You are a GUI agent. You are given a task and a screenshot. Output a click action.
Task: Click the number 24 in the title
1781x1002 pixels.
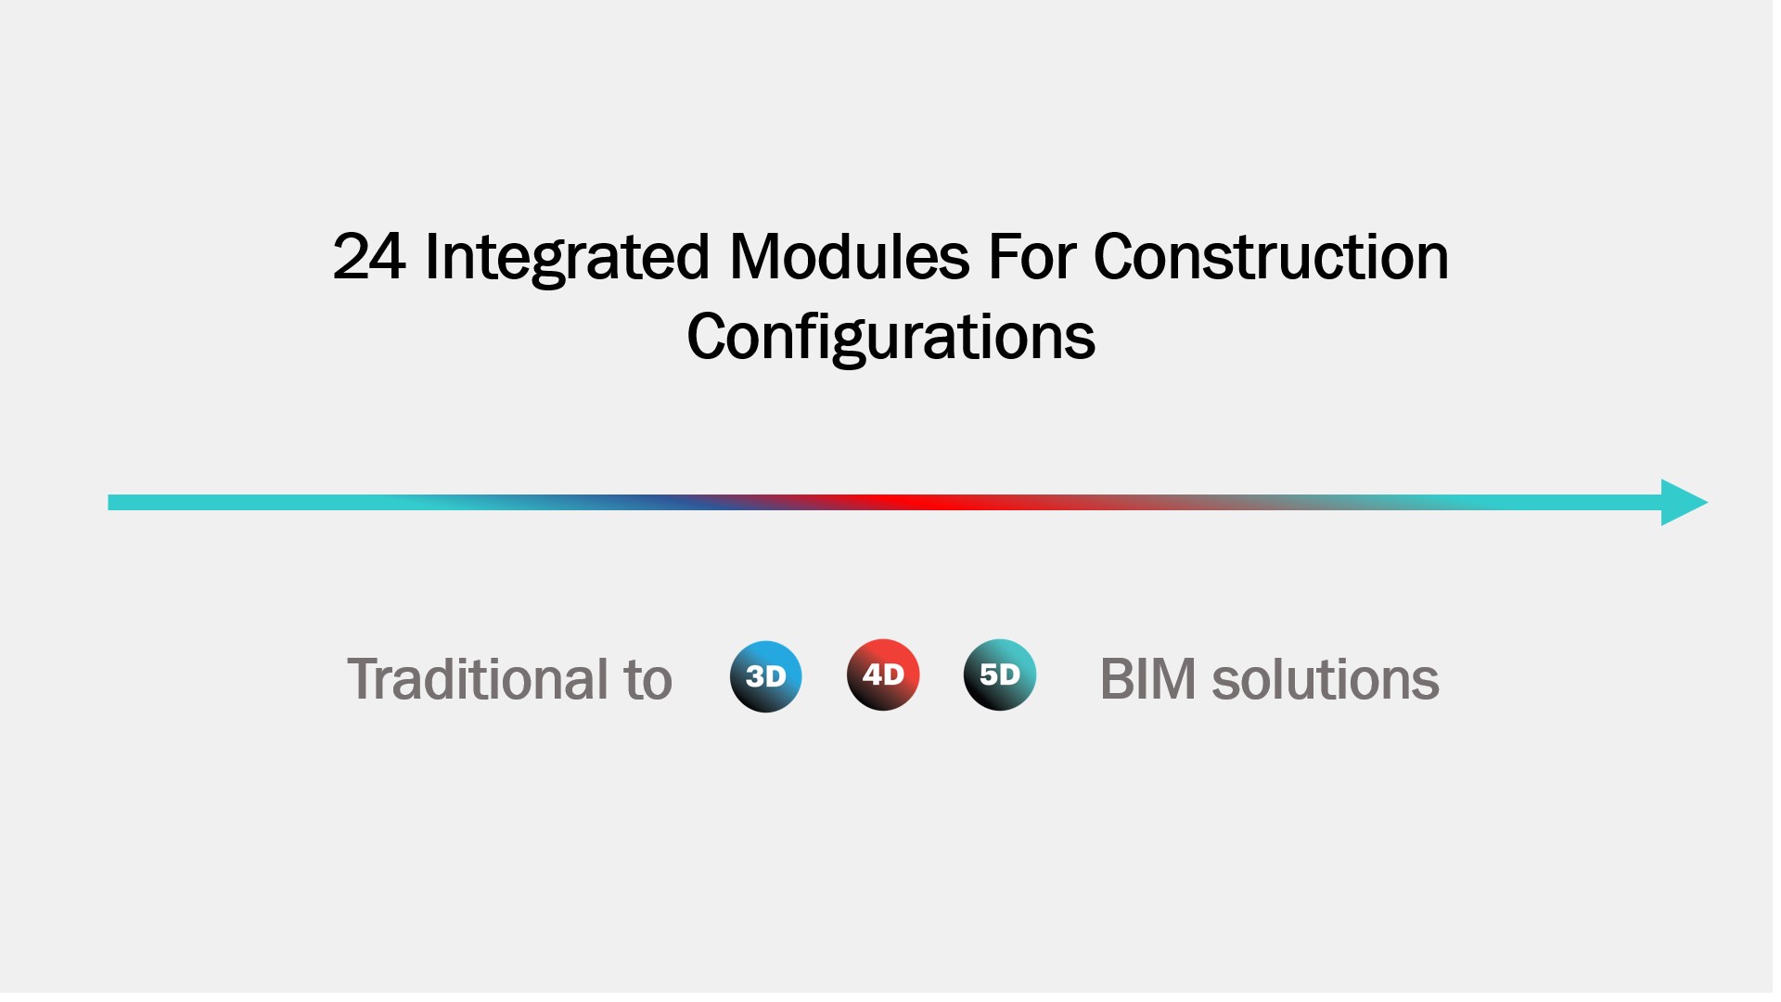coord(369,257)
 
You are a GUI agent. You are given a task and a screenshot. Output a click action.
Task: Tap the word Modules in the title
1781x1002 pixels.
coord(850,256)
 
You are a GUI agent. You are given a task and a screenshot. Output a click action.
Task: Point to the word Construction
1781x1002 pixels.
coord(1271,257)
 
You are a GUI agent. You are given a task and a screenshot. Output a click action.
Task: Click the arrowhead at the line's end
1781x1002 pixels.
coord(1685,503)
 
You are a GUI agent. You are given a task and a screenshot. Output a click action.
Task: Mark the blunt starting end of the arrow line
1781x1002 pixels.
coord(109,503)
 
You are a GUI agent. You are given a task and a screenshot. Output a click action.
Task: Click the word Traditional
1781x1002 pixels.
coord(478,679)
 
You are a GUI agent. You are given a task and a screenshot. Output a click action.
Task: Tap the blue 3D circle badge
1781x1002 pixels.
coord(766,676)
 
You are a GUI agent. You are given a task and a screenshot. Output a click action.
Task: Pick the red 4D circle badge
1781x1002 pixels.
coord(883,674)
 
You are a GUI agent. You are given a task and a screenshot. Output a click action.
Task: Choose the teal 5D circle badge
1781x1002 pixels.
coord(1000,674)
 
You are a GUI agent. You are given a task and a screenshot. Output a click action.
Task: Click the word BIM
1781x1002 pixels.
coord(1147,679)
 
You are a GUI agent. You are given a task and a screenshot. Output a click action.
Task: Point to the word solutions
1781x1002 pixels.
coord(1326,679)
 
